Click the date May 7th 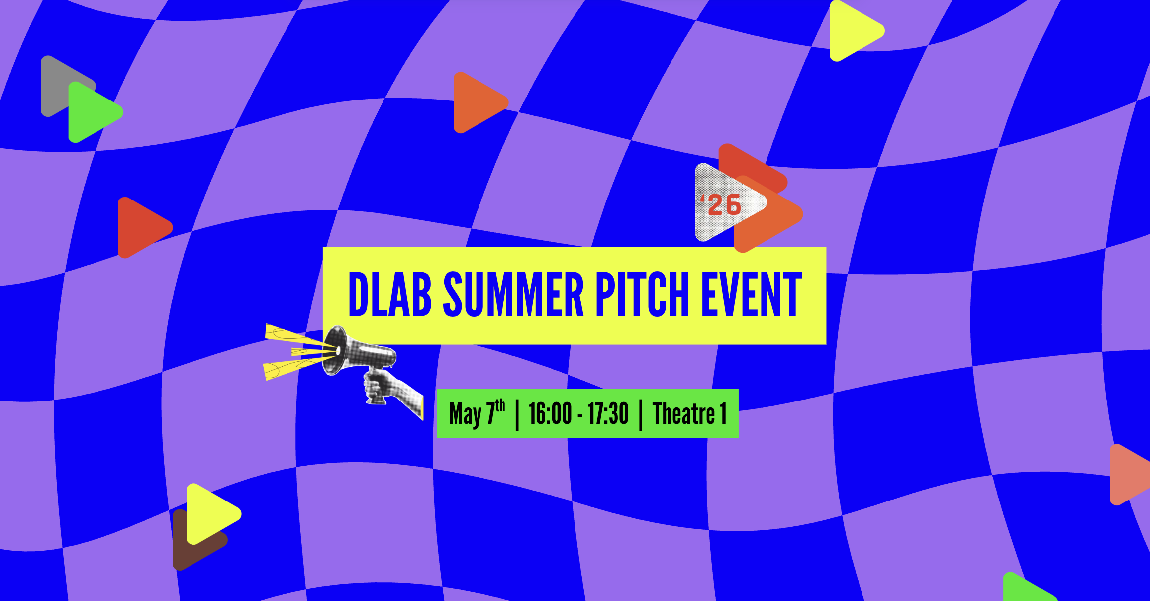477,413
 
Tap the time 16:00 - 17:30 578,413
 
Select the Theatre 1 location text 690,413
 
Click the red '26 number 721,205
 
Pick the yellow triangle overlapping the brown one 211,513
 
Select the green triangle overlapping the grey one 93,112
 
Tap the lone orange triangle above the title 479,102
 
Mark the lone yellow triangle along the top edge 855,31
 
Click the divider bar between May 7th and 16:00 517,414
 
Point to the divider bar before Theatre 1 641,414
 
